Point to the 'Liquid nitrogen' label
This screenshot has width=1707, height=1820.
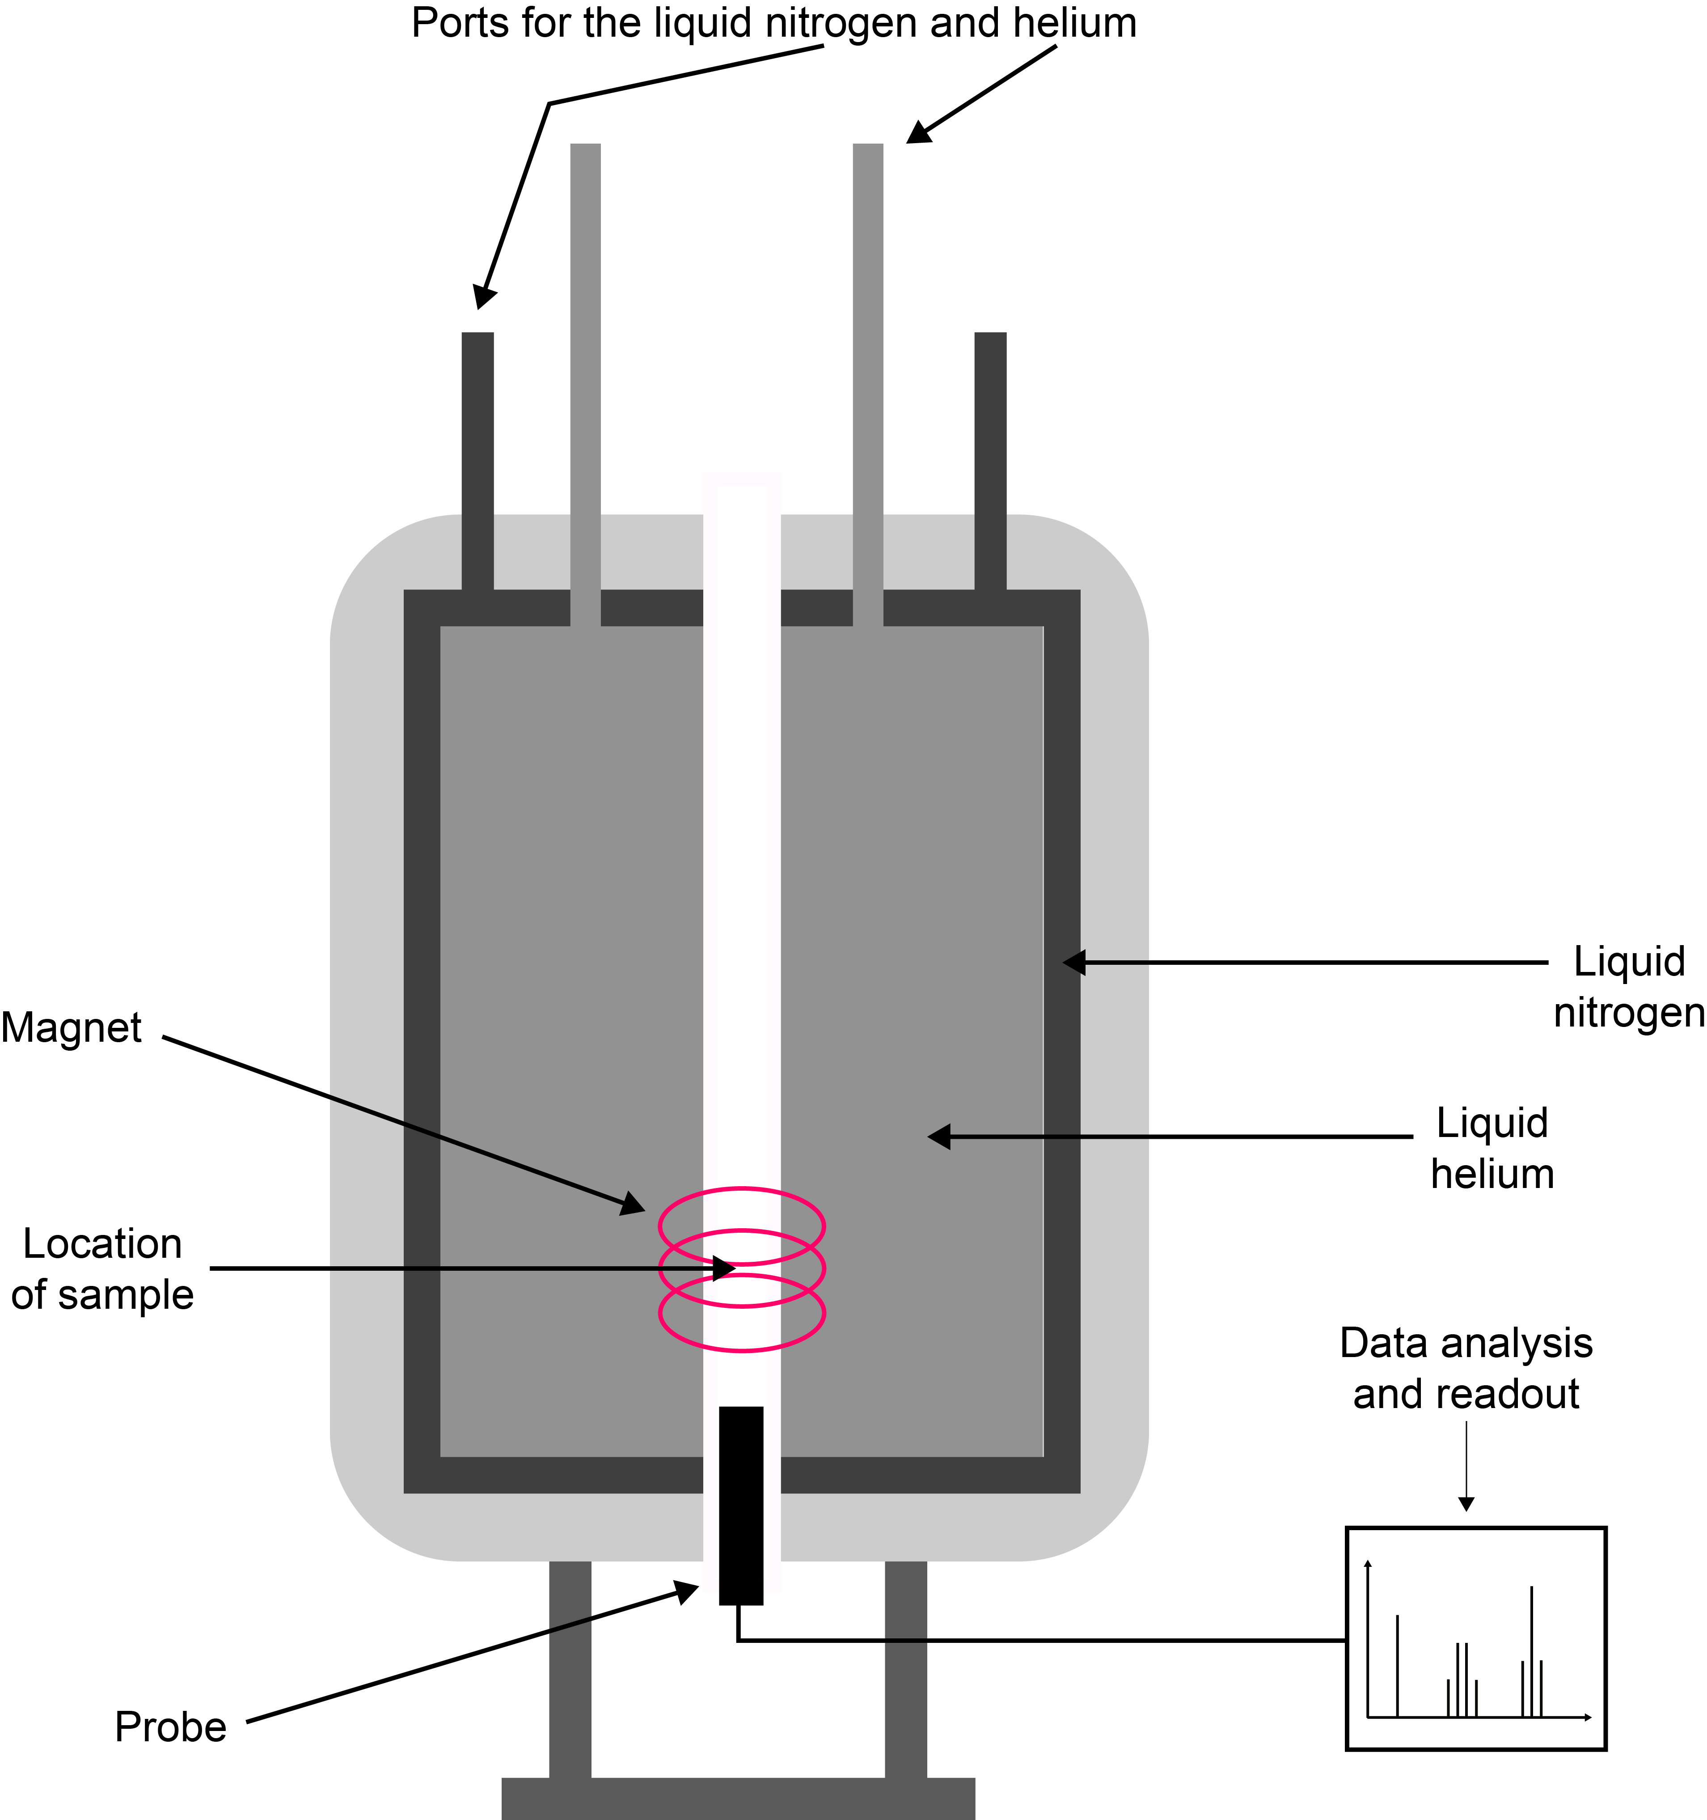(1628, 987)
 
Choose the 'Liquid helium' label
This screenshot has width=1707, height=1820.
(1492, 1148)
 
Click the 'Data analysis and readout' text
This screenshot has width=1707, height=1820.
(1466, 1369)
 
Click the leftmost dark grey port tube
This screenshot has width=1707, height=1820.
(477, 458)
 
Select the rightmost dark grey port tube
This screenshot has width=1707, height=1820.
(990, 458)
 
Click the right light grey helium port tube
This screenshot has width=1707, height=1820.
(868, 366)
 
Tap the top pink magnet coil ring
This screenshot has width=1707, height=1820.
(741, 1190)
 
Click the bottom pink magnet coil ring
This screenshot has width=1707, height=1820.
(741, 1349)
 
